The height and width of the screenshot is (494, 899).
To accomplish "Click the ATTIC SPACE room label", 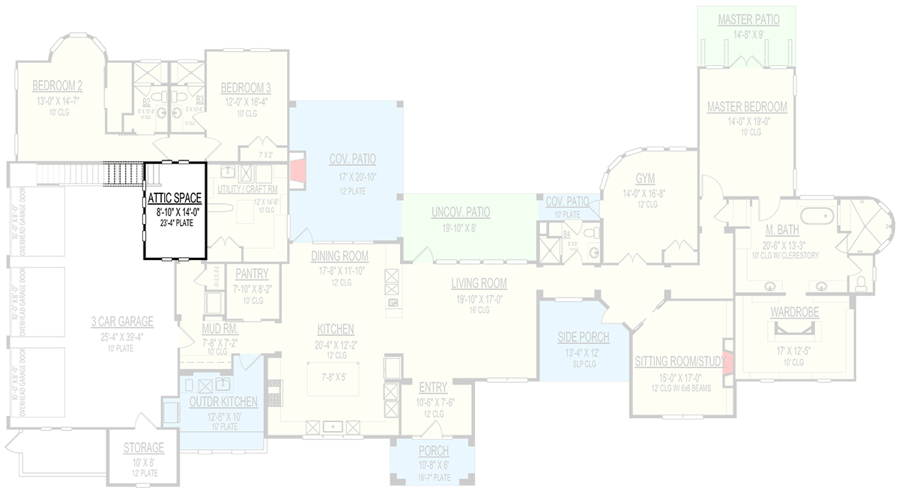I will [x=174, y=198].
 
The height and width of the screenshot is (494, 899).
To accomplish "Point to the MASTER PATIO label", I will [x=746, y=19].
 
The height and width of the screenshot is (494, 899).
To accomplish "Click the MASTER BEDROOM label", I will [x=747, y=107].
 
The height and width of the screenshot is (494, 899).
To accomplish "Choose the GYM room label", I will [x=645, y=178].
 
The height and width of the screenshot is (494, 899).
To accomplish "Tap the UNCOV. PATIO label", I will [x=460, y=212].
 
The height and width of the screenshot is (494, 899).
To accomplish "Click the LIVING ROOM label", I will [x=479, y=283].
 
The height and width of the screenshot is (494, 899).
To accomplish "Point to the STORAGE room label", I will [x=144, y=448].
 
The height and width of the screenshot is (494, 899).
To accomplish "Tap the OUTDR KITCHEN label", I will [x=223, y=403].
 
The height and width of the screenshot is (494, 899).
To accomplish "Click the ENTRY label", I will [x=434, y=388].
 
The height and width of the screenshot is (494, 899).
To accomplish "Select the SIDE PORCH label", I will [x=584, y=337].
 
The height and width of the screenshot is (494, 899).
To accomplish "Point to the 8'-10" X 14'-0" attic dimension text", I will [x=174, y=211].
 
